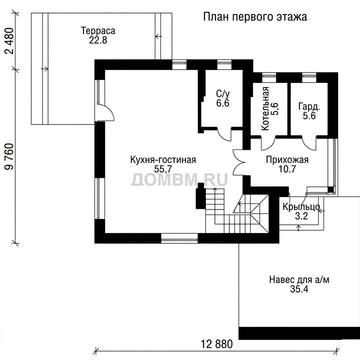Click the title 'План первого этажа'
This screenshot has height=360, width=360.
(x=255, y=17)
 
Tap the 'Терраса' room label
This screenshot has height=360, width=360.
(x=98, y=31)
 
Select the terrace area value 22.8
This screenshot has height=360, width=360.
(x=98, y=40)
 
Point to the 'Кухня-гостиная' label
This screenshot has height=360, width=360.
(x=163, y=160)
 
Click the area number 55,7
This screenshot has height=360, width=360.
(x=163, y=169)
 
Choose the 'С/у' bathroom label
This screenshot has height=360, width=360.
(x=222, y=93)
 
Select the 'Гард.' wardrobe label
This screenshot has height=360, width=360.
(x=309, y=106)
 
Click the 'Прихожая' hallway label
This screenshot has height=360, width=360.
(x=287, y=160)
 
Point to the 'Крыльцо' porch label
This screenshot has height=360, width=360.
(x=301, y=207)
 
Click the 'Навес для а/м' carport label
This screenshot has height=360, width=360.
(x=299, y=279)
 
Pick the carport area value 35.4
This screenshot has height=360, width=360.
(x=299, y=289)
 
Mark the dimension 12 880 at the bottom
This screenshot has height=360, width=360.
(x=216, y=344)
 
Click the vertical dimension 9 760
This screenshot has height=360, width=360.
(x=9, y=156)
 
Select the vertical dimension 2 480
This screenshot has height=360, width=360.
(x=9, y=41)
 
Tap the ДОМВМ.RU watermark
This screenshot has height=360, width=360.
(x=179, y=179)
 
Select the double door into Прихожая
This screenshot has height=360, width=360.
(x=239, y=163)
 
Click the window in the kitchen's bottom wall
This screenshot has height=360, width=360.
(x=179, y=238)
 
